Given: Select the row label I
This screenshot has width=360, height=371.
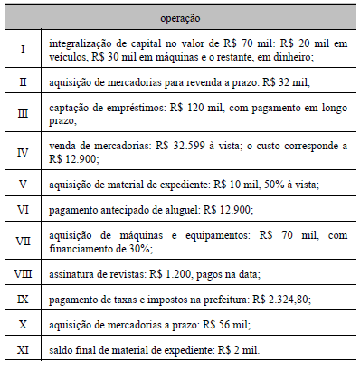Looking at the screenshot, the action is click(x=23, y=49).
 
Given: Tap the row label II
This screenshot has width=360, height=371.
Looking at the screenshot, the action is click(x=23, y=81).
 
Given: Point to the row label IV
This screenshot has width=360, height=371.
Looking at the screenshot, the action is click(x=23, y=149).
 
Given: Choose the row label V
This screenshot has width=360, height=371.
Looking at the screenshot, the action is click(x=23, y=184).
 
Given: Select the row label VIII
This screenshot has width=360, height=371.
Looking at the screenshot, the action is click(x=23, y=272).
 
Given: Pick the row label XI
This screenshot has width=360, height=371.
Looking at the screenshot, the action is click(x=23, y=348).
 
